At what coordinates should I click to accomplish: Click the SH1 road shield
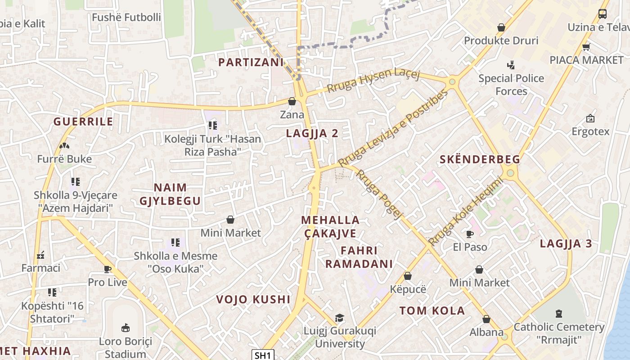pyautogui.click(x=263, y=355)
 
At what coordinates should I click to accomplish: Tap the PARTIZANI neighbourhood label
pyautogui.click(x=251, y=62)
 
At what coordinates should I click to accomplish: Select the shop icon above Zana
pyautogui.click(x=292, y=101)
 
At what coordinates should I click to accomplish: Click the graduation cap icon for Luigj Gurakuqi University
pyautogui.click(x=340, y=318)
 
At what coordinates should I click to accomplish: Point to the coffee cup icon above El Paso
pyautogui.click(x=470, y=234)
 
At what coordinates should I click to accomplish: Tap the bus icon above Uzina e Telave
pyautogui.click(x=603, y=14)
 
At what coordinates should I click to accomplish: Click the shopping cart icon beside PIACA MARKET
pyautogui.click(x=586, y=47)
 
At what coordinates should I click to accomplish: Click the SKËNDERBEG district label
pyautogui.click(x=480, y=159)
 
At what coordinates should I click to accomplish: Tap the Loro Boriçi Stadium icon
pyautogui.click(x=126, y=328)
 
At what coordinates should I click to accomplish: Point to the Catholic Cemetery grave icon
pyautogui.click(x=559, y=313)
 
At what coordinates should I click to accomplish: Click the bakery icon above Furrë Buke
pyautogui.click(x=64, y=146)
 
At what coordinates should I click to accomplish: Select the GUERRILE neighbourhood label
pyautogui.click(x=83, y=121)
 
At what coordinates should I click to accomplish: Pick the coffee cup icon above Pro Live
pyautogui.click(x=108, y=269)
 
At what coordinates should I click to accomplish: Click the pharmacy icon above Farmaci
pyautogui.click(x=40, y=255)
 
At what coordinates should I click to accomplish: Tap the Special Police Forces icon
pyautogui.click(x=510, y=65)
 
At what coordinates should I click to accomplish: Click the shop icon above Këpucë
pyautogui.click(x=408, y=276)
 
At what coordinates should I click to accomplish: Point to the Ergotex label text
pyautogui.click(x=590, y=131)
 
